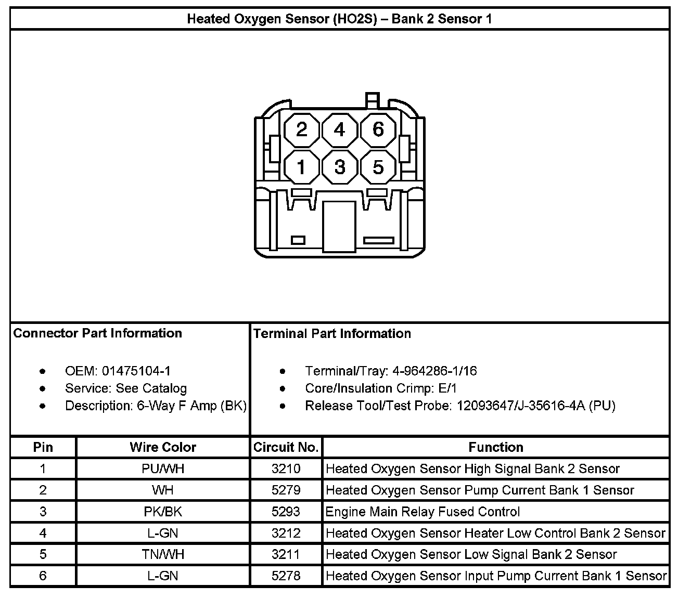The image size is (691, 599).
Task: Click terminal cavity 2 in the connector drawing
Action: [302, 129]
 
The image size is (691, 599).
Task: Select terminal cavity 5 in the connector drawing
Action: [378, 167]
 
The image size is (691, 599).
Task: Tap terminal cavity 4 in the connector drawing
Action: [340, 129]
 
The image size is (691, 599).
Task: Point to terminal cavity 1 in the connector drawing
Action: [302, 167]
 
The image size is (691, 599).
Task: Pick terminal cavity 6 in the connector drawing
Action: [378, 129]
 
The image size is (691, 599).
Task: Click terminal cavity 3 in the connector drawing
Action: [340, 167]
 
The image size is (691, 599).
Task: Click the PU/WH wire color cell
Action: [163, 468]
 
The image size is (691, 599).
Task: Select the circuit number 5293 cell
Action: [286, 512]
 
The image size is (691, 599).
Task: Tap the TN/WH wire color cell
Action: [163, 554]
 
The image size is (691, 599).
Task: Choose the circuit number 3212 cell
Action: [286, 533]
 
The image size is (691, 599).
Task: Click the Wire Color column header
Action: [163, 447]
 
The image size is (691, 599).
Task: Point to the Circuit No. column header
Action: [286, 447]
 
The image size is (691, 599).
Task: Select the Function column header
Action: [496, 447]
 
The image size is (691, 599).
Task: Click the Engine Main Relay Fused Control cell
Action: [423, 512]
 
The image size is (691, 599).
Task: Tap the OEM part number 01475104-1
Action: [136, 371]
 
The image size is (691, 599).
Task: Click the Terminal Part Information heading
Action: [332, 333]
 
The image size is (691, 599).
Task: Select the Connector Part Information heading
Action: [97, 333]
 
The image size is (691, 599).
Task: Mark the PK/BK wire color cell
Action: [163, 512]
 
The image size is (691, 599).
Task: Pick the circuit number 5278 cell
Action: [286, 576]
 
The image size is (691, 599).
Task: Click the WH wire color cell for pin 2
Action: [163, 490]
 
